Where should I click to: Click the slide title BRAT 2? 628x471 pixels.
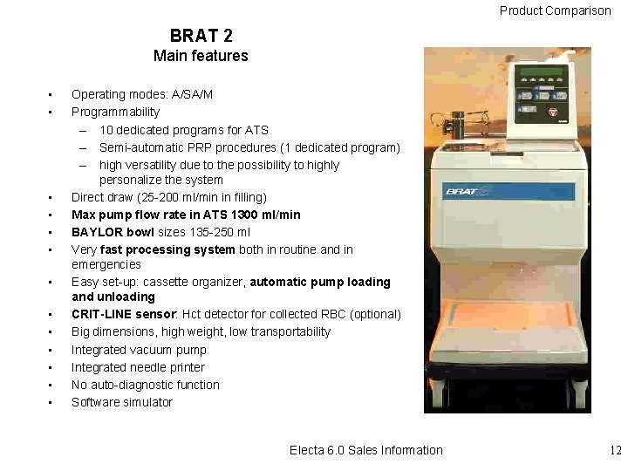tap(201, 35)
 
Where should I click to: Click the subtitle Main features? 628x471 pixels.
tap(201, 56)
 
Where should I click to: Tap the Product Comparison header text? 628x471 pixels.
tap(555, 10)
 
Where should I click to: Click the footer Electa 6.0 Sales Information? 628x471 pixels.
tap(365, 450)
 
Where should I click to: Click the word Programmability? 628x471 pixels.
tap(115, 112)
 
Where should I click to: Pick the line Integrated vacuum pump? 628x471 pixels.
tap(139, 350)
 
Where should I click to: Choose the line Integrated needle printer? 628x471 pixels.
tap(138, 367)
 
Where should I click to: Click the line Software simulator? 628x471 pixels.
tap(122, 402)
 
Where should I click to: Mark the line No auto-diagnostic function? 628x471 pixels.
tap(146, 385)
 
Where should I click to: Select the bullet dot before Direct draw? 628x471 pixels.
tap(51, 198)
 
